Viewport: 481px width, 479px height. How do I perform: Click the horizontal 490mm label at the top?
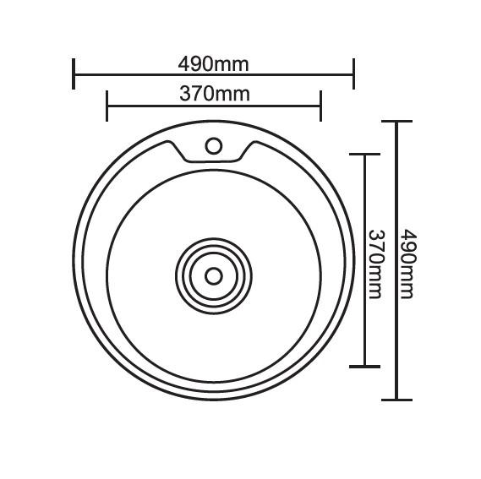(213, 64)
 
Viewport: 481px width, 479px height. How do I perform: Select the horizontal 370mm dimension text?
(214, 94)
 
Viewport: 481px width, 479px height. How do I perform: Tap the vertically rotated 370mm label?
(375, 264)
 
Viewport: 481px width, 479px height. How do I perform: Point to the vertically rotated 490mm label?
(407, 263)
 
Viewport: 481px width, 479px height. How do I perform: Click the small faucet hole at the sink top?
(213, 146)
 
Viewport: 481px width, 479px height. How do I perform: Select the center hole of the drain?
(213, 275)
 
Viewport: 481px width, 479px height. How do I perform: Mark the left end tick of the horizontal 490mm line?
(74, 73)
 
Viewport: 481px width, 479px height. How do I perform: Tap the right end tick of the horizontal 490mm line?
(353, 73)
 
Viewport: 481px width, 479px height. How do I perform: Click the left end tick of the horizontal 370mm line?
(107, 105)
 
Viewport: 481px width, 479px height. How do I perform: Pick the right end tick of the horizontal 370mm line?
(321, 105)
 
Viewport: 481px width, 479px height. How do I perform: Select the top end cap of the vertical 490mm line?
(396, 122)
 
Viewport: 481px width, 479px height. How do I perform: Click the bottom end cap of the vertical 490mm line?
(396, 400)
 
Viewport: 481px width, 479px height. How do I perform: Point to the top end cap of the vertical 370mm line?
(364, 155)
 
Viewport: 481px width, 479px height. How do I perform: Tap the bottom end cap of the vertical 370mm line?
(364, 366)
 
